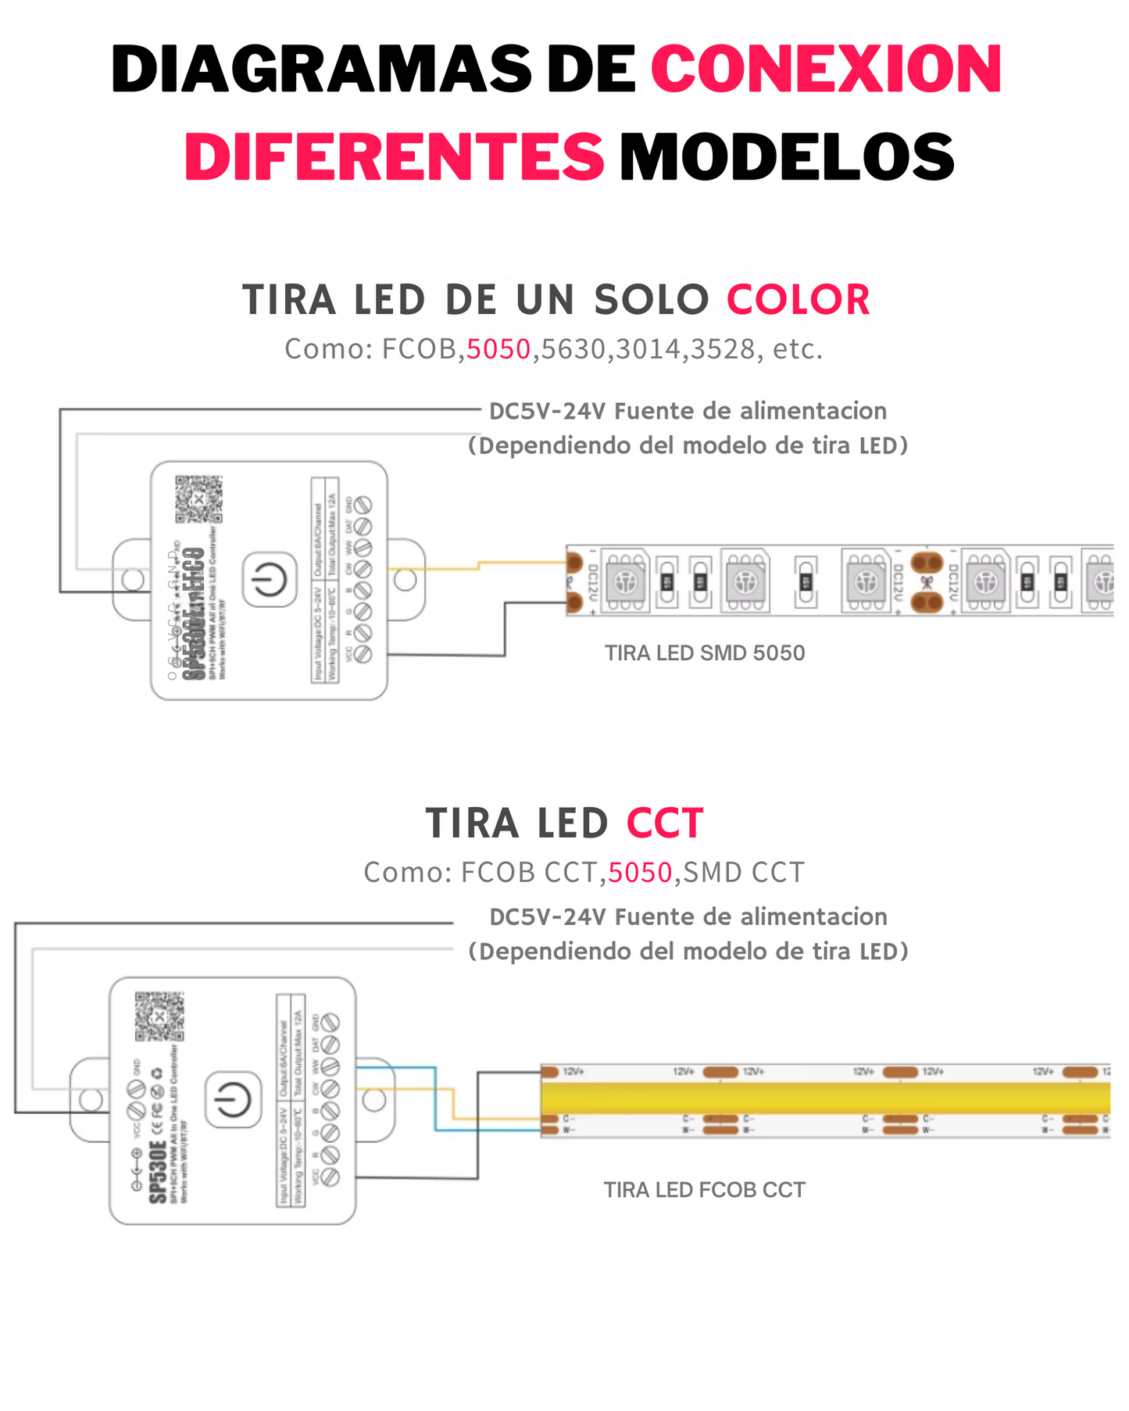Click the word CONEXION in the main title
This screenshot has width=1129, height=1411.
click(826, 70)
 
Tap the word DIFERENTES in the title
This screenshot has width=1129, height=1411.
click(395, 156)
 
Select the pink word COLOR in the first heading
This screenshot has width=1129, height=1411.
click(798, 300)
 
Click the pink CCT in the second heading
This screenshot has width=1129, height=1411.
click(665, 823)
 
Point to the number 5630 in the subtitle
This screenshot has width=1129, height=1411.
click(573, 349)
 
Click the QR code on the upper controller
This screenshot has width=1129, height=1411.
click(198, 498)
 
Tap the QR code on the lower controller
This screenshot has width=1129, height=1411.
click(159, 1016)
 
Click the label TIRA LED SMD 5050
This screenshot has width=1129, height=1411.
click(704, 653)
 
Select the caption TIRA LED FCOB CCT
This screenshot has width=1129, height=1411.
click(704, 1190)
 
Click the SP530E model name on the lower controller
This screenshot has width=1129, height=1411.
click(158, 1172)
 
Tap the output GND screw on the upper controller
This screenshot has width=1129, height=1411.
click(363, 505)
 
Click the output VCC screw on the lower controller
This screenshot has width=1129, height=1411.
click(330, 1177)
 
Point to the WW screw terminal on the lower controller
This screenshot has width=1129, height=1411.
click(330, 1066)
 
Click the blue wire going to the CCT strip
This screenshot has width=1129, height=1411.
click(436, 1102)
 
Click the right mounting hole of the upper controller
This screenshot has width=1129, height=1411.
click(405, 580)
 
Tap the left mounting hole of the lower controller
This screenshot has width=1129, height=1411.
click(91, 1100)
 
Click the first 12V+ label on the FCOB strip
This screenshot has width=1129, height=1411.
click(574, 1071)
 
